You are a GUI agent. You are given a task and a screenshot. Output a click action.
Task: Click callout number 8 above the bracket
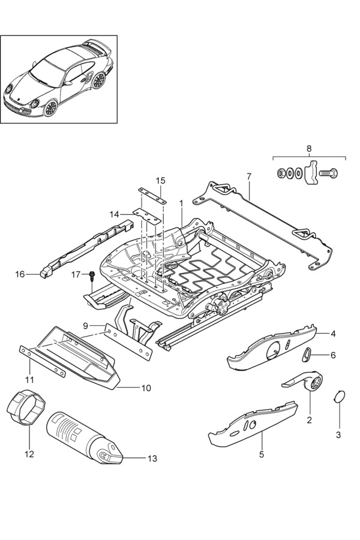309,148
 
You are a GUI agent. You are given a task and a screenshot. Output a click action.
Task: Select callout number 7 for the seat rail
249,176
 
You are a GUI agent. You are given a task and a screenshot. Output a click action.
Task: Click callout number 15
160,181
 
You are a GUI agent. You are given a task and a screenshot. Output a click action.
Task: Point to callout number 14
114,214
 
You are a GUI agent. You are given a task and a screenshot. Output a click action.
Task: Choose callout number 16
20,274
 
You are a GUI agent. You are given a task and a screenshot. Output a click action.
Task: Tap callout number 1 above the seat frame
181,204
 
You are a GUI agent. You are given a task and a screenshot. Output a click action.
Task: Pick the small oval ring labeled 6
307,355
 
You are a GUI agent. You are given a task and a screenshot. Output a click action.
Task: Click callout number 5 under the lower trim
262,454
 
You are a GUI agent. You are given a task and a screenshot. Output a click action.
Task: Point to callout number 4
332,334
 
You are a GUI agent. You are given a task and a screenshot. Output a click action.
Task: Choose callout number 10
146,388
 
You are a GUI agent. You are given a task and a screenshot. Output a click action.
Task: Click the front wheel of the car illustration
50,108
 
